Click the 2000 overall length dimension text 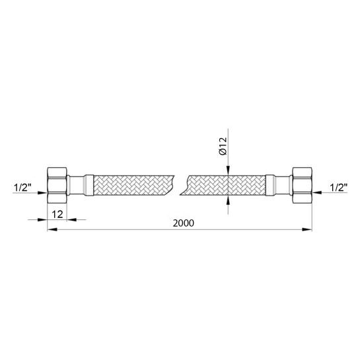coord(183,223)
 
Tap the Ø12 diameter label coord(223,146)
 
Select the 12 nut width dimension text coord(57,215)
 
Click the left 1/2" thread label coord(22,188)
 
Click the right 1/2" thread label coord(338,188)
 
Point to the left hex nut coord(57,185)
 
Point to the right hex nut coord(302,185)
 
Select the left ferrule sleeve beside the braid coord(89,185)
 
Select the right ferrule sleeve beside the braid coord(270,185)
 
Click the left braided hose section coord(134,185)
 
